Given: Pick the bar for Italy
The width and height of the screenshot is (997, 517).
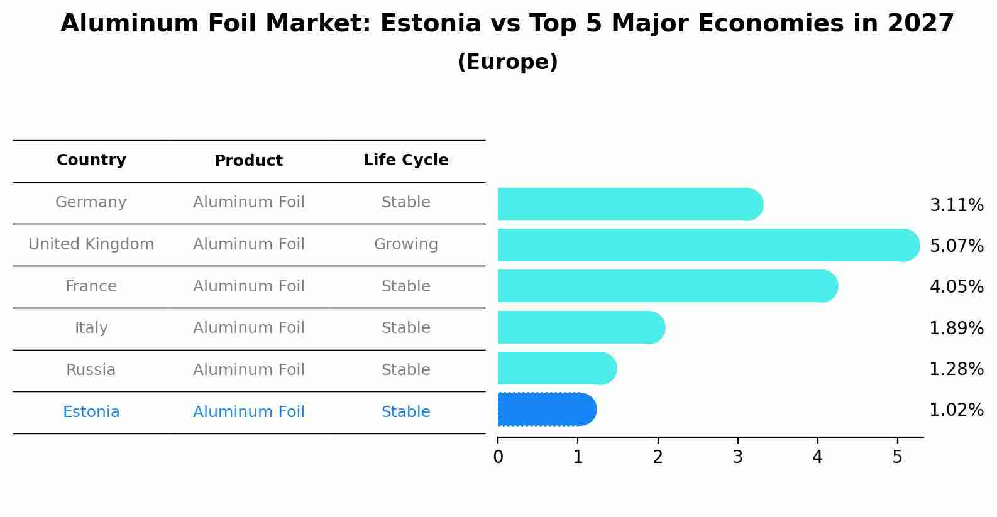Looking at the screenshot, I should coord(580,327).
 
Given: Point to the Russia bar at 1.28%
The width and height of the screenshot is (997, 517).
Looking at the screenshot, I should coord(556,369).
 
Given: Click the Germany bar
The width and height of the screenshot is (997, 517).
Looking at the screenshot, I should coord(629,204).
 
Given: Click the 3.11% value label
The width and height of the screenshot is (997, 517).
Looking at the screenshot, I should coord(956,205).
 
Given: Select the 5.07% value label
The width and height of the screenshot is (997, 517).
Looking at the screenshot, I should coord(956,246).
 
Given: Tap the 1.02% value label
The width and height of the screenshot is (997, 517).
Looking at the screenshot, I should coord(956,410).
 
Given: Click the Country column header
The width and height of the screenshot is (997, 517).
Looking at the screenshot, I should coord(91,160).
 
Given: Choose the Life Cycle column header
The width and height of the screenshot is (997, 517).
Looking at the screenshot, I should coord(405,160).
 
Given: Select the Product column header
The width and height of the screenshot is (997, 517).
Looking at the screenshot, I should coord(248,161).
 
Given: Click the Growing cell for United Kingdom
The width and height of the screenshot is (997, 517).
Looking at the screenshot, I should coord(405,244).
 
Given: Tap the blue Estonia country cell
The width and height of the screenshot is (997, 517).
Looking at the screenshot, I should coord(91,412).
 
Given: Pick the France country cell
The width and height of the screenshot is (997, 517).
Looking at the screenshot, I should coord(91,286).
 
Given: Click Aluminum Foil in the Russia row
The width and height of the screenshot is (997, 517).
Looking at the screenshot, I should coord(248,370).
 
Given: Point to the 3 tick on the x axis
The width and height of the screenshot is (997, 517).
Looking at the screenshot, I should coord(737,457).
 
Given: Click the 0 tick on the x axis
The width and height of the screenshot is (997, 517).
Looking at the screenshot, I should coord(498,457).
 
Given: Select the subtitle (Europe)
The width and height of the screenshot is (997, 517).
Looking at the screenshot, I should coord(507,62).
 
